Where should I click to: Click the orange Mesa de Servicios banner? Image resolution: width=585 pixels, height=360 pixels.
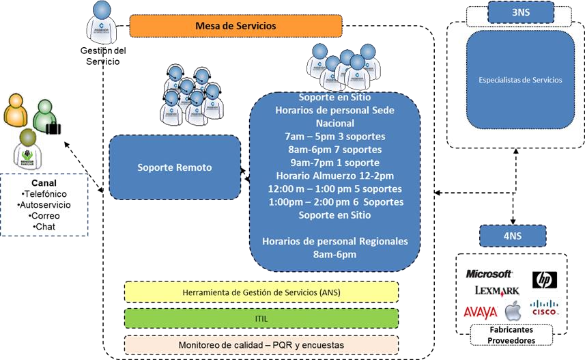236,26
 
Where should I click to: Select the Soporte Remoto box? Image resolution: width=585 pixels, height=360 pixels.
175,167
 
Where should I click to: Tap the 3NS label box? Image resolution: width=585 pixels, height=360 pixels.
521,12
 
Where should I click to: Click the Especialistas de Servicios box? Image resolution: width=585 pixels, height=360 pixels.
520,81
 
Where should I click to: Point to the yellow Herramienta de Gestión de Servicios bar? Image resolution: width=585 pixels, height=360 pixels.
261,292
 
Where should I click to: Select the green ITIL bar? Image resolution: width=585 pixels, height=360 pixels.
261,318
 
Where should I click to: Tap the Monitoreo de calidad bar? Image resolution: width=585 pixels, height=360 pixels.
261,345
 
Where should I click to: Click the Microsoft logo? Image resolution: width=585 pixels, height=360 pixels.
489,274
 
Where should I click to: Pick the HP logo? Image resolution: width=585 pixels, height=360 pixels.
544,279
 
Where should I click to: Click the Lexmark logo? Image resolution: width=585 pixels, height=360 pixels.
497,292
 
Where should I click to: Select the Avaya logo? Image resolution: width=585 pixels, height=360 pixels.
481,312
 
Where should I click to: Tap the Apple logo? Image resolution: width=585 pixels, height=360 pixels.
513,311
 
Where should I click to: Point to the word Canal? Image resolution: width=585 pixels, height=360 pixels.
44,183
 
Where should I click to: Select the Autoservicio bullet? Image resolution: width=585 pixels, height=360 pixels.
44,205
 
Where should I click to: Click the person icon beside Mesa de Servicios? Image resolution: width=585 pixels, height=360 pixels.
102,20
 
